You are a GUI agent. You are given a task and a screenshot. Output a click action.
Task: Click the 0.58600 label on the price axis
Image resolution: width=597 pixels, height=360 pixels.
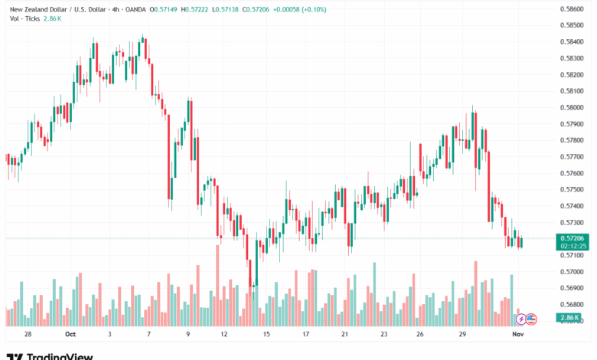tap(573, 9)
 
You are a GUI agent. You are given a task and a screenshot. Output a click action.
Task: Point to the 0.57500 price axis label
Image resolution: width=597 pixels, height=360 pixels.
tap(573, 189)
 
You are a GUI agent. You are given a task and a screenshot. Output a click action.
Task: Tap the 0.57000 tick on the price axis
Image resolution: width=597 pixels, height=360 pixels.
tap(573, 271)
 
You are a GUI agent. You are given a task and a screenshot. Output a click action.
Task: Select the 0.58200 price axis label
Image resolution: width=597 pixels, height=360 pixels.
tap(573, 74)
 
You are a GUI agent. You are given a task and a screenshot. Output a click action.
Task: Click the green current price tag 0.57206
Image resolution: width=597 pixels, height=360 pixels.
tap(573, 238)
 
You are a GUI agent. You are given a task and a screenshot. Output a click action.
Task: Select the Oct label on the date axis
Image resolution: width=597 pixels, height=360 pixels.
tap(70, 335)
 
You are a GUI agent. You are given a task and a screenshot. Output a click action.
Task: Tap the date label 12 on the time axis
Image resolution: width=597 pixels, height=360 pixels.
tap(223, 335)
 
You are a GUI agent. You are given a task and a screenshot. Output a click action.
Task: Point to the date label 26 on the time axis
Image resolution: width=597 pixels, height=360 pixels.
tap(419, 335)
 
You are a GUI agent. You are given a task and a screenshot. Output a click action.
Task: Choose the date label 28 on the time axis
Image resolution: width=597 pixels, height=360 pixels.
tap(28, 335)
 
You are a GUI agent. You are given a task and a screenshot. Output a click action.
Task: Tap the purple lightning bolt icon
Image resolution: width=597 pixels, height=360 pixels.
tap(521, 319)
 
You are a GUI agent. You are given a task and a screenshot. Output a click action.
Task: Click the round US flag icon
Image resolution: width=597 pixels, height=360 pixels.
tap(533, 319)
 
